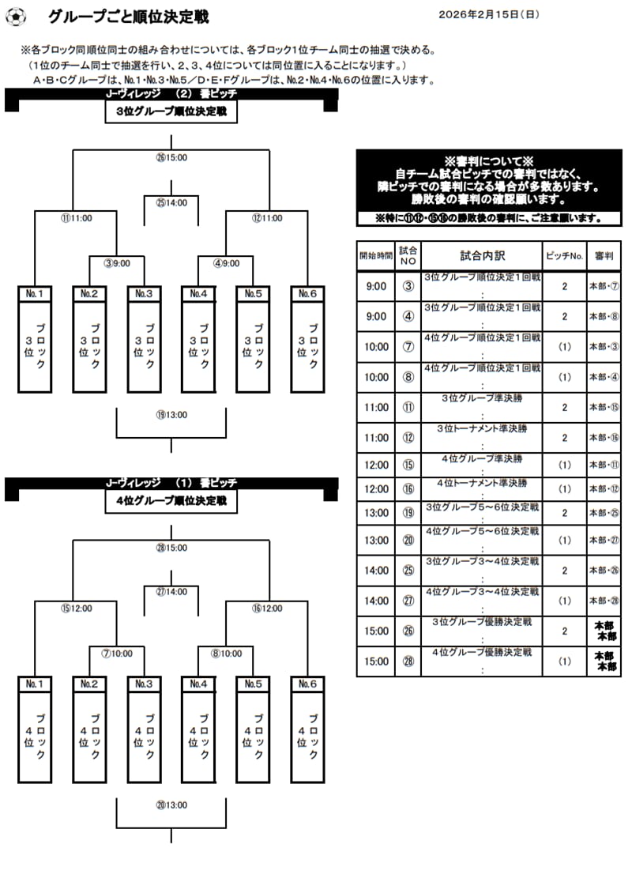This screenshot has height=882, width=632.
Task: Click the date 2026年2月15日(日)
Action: [489, 15]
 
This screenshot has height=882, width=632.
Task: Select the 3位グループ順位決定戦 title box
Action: [171, 112]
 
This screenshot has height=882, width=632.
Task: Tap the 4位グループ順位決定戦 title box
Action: [171, 500]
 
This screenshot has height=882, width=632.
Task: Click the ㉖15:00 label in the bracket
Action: [171, 157]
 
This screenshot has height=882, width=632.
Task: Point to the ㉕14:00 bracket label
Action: [171, 202]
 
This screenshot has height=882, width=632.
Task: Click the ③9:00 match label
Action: [117, 263]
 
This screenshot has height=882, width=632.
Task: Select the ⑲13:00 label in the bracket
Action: [171, 413]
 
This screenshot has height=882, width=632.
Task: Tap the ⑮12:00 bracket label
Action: [77, 608]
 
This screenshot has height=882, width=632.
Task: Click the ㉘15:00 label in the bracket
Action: [171, 547]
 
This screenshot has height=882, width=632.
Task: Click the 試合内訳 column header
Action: [482, 255]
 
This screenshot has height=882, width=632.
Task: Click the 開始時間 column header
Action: [375, 255]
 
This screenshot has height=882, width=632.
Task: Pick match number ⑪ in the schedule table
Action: [408, 408]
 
